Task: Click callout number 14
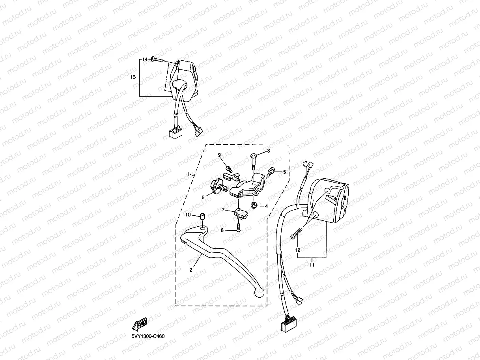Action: (144, 59)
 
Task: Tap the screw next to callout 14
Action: (157, 60)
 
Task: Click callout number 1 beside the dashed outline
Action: (189, 174)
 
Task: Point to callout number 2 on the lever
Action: (191, 270)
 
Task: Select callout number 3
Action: (269, 151)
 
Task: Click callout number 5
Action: (283, 172)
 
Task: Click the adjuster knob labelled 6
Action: (217, 186)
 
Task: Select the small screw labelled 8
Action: (239, 227)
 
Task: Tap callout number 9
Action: (219, 155)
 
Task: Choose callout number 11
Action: (312, 265)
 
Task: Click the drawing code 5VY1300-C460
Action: (148, 336)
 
